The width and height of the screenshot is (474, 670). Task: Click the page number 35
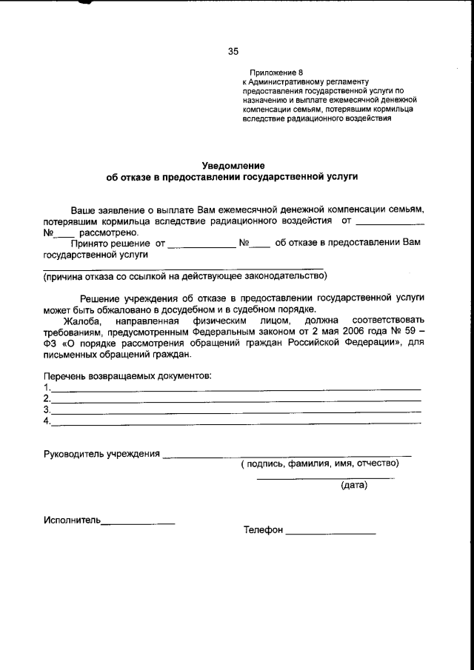coord(233,51)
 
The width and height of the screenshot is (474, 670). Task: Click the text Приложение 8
coord(277,72)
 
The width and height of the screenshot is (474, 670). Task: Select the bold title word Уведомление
coord(233,165)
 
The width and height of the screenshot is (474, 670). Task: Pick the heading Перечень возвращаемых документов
coord(127,375)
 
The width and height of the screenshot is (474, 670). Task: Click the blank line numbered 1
coord(236,388)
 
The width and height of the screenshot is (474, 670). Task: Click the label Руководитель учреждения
coord(101,453)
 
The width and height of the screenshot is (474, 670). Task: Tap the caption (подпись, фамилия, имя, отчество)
coord(319,464)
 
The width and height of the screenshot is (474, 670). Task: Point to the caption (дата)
coord(353,486)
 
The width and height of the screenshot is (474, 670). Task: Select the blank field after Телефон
coord(330,532)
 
